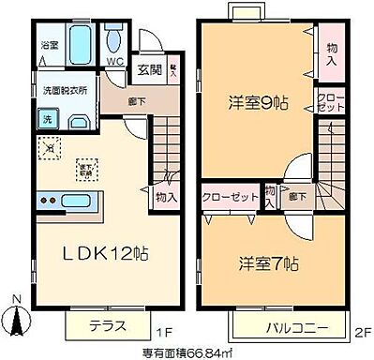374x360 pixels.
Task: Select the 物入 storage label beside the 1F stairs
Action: [167, 198]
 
